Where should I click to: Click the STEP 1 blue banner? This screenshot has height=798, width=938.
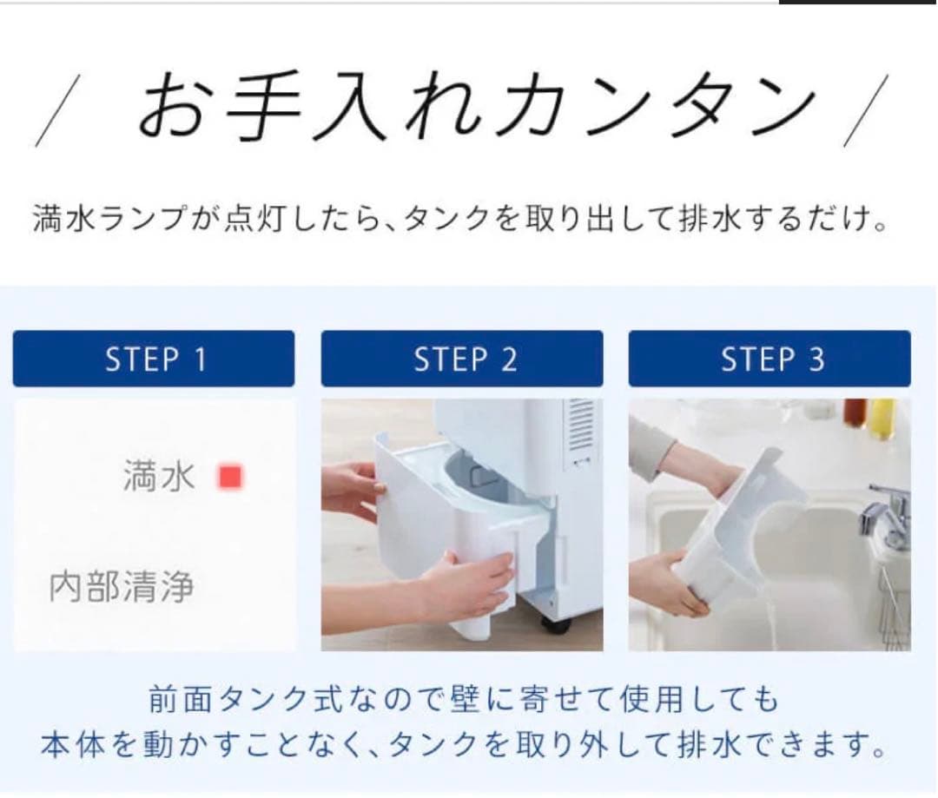coord(153,359)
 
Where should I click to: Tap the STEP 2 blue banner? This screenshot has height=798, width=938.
coord(462,359)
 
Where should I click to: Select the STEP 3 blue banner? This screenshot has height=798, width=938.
coord(770,359)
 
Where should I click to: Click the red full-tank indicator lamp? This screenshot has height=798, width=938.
coord(231,477)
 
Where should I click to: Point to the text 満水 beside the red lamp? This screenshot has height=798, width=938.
coord(159,477)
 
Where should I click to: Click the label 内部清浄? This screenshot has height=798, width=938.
coord(121,588)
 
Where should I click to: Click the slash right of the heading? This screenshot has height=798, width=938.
coord(867,110)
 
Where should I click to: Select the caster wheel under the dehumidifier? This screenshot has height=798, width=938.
coord(555,623)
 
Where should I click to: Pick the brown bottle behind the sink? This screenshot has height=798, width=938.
coord(855,412)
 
